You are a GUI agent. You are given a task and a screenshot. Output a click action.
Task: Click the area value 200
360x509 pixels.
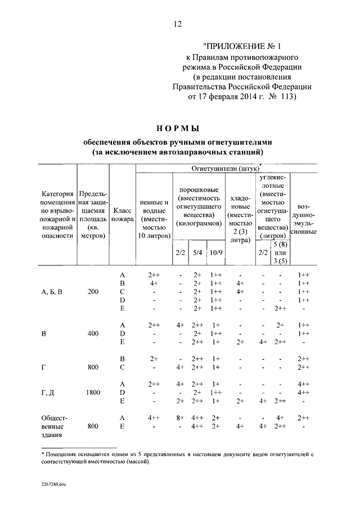pyautogui.click(x=93, y=292)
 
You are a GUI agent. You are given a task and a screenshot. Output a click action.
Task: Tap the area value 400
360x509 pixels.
pyautogui.click(x=93, y=333)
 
